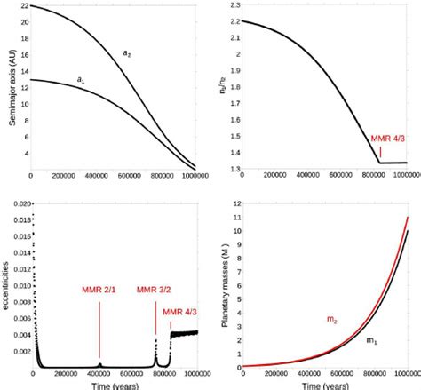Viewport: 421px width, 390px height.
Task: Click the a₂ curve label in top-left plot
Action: click(x=127, y=54)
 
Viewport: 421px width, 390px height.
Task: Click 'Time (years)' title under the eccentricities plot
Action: click(x=115, y=384)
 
